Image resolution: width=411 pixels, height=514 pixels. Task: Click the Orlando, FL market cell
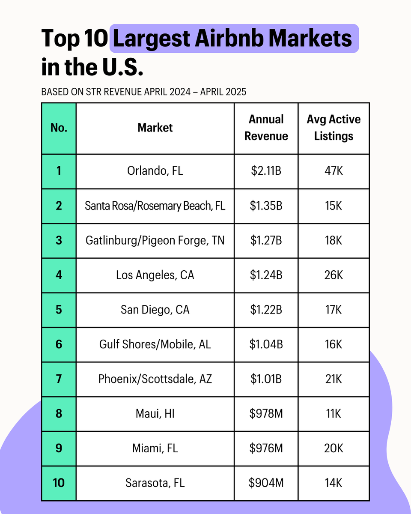(155, 171)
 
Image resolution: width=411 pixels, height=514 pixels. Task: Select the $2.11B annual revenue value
(266, 171)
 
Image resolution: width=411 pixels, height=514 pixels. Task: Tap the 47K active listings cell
(334, 171)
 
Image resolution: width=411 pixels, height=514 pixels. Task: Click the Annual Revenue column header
(266, 128)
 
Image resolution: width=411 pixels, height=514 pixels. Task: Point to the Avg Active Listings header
(334, 128)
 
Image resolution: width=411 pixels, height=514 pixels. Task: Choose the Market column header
(155, 128)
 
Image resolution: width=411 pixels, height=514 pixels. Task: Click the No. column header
(59, 128)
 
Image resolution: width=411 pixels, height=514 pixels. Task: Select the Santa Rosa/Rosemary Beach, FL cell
(155, 206)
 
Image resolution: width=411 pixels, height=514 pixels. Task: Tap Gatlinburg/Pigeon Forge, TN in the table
(155, 240)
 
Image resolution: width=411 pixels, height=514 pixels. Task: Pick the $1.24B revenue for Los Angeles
(266, 275)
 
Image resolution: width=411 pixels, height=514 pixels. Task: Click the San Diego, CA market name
(155, 310)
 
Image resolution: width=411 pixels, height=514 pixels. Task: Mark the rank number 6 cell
(59, 344)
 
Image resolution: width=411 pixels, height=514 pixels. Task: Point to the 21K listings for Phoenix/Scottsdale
(334, 379)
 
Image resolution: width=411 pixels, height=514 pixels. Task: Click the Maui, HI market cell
(155, 414)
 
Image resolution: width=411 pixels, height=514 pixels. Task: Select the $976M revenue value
(266, 448)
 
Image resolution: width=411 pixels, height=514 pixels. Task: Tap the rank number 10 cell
(59, 483)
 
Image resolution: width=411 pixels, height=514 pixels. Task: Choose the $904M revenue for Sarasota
(266, 483)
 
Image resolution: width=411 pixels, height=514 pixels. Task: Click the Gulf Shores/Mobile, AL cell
(155, 344)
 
